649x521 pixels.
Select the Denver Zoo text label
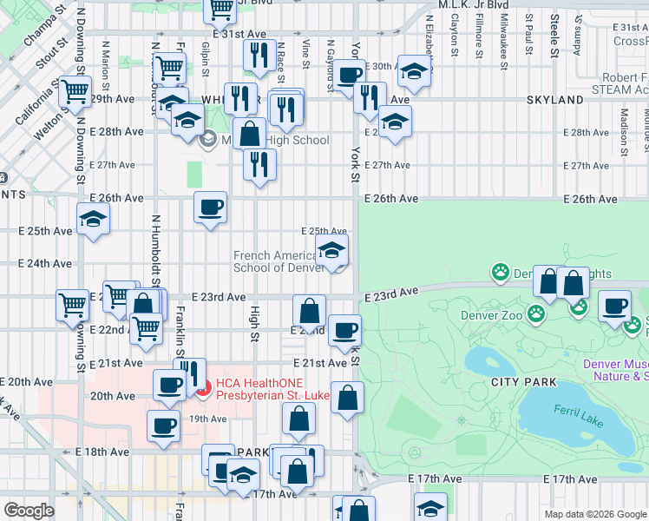click(491, 315)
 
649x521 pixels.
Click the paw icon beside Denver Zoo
click(538, 312)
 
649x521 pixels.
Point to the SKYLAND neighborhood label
click(554, 100)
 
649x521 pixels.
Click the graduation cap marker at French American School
click(330, 252)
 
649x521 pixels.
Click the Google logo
click(29, 511)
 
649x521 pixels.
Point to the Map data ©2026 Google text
click(595, 514)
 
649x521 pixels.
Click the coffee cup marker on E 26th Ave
click(210, 208)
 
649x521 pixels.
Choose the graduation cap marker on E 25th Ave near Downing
click(93, 221)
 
